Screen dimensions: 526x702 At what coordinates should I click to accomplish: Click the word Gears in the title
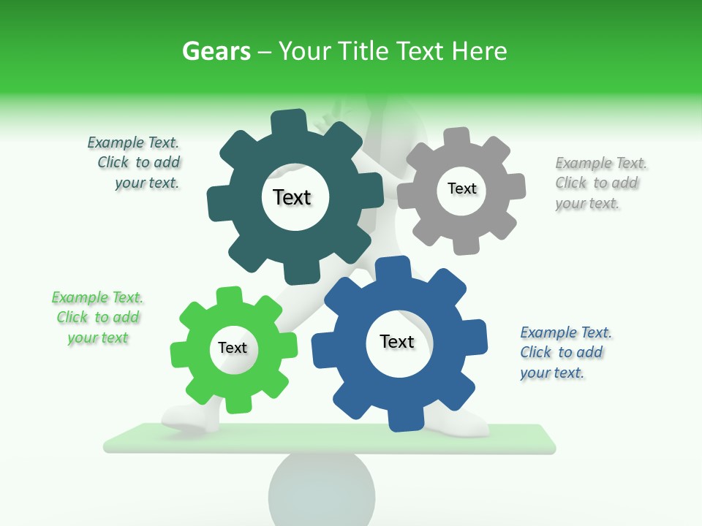[x=216, y=51]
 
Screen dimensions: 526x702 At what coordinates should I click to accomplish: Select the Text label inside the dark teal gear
[x=292, y=197]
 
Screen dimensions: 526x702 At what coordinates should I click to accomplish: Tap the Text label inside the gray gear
[x=461, y=188]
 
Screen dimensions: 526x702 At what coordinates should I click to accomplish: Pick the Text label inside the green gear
[x=233, y=348]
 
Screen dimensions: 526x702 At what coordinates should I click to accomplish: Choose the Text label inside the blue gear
[x=397, y=341]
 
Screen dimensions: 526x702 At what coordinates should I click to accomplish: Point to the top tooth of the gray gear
[x=458, y=137]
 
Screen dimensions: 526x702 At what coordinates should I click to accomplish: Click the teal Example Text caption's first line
[x=133, y=142]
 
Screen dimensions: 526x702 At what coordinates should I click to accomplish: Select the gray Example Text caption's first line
[x=601, y=163]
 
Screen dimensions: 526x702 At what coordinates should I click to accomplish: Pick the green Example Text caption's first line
[x=97, y=297]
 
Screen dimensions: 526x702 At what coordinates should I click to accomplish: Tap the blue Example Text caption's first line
[x=566, y=332]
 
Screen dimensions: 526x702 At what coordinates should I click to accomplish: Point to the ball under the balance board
[x=322, y=489]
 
